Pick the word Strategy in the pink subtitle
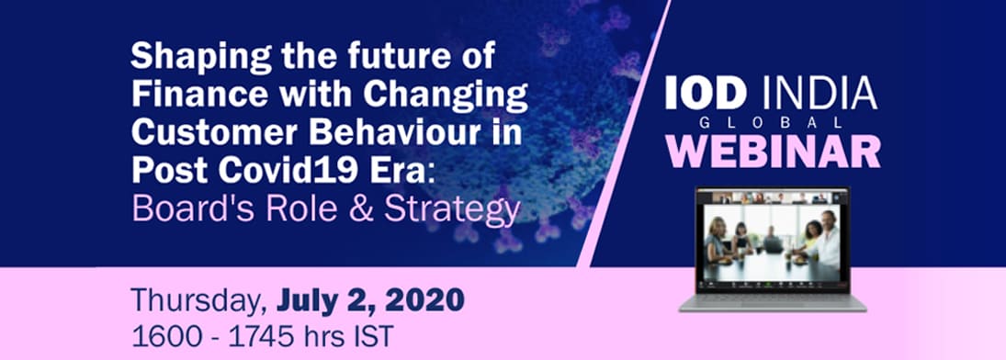coord(452,210)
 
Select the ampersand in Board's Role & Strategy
coord(363,209)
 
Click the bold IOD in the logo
coord(705,93)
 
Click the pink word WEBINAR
coord(774,151)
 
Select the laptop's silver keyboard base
coord(773,303)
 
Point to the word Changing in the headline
coord(446,96)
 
